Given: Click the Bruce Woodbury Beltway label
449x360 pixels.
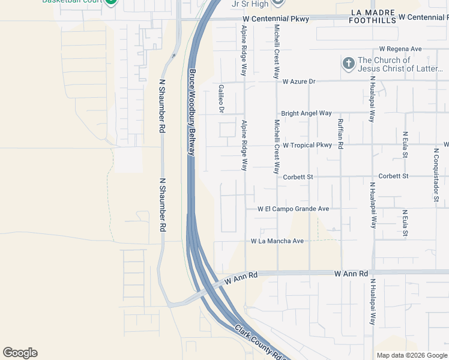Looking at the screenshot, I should point(193,112).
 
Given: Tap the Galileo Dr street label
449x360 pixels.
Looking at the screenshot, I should point(221,98).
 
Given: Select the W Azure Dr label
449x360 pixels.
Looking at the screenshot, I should point(307,81).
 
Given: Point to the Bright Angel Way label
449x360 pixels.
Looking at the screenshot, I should point(306,113).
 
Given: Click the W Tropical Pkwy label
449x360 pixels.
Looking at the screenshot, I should point(307,145).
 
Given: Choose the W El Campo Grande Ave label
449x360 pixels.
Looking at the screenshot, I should point(294,209).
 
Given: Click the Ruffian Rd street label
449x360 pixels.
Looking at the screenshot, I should point(340,133).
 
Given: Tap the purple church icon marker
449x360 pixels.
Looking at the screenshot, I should point(348,64).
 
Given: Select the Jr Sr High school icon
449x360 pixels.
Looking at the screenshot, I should point(277,3).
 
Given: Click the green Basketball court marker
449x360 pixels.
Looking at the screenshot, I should point(110,2).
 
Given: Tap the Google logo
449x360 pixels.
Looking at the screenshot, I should point(20,353).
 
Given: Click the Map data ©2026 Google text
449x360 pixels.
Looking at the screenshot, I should point(411,355).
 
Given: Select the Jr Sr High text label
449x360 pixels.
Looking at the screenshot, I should point(250,4).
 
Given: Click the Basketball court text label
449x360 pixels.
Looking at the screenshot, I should point(71,2).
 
